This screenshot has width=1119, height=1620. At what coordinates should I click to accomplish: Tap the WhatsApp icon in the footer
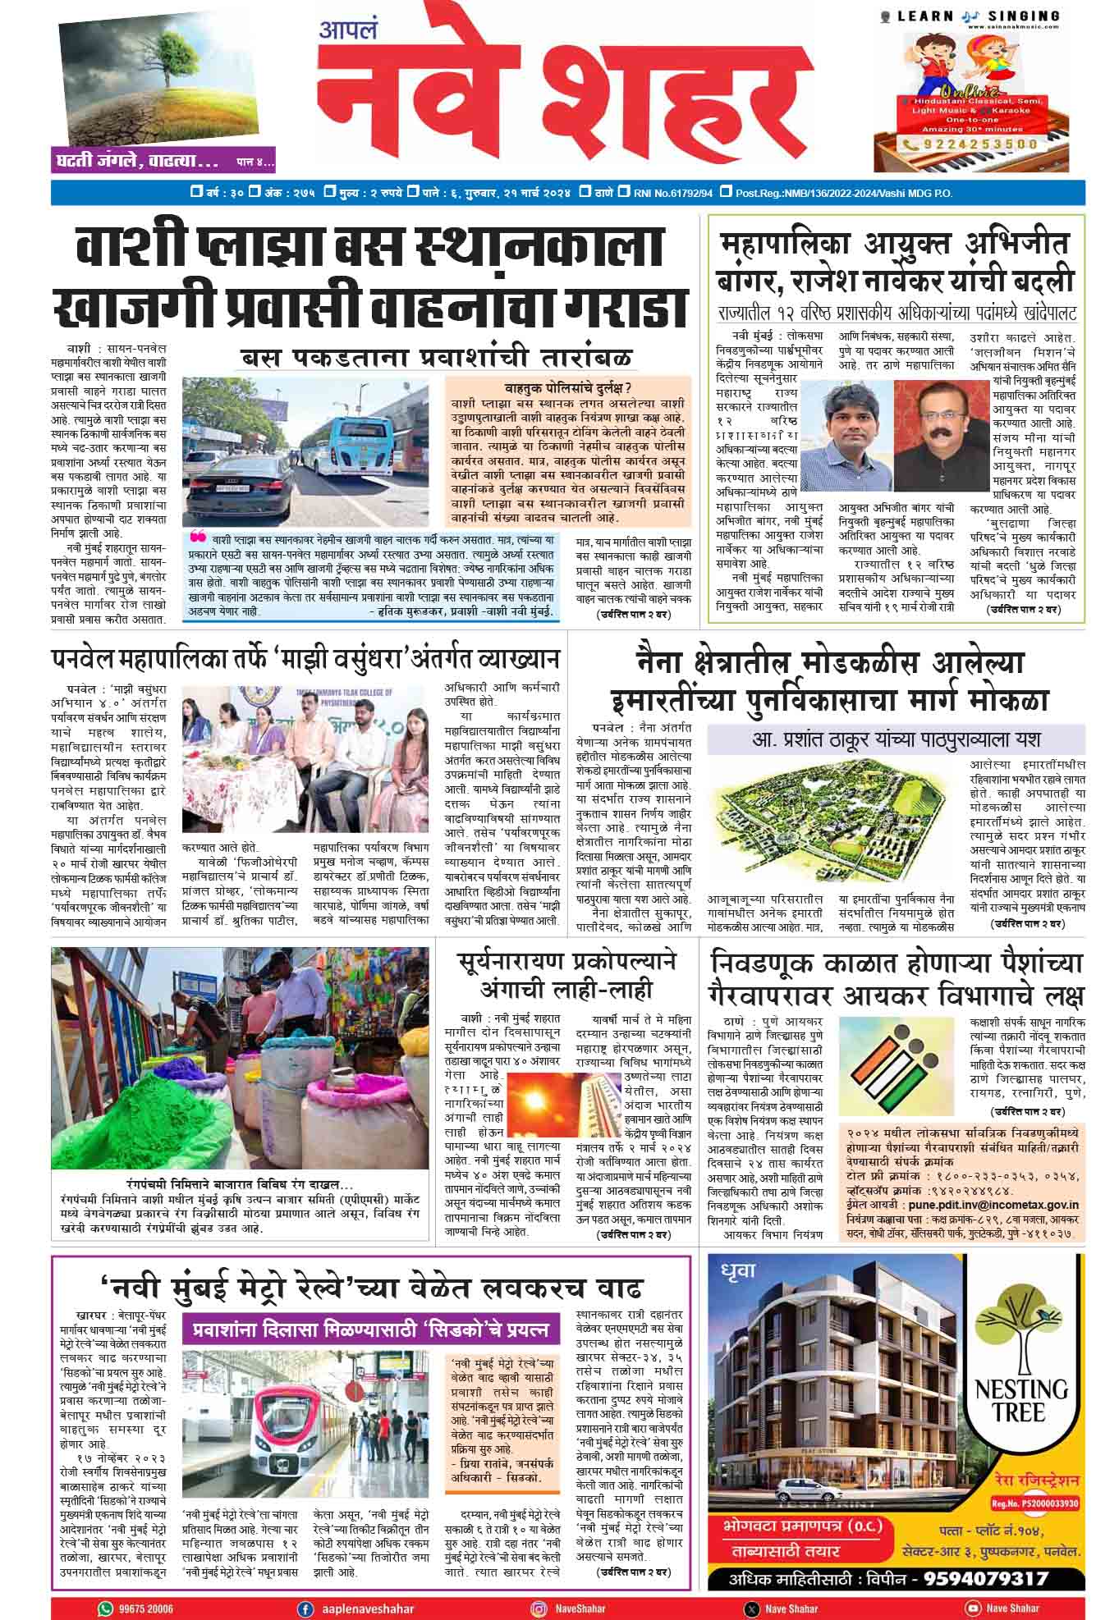tap(106, 1609)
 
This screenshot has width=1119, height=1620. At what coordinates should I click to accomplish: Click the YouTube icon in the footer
tap(973, 1609)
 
